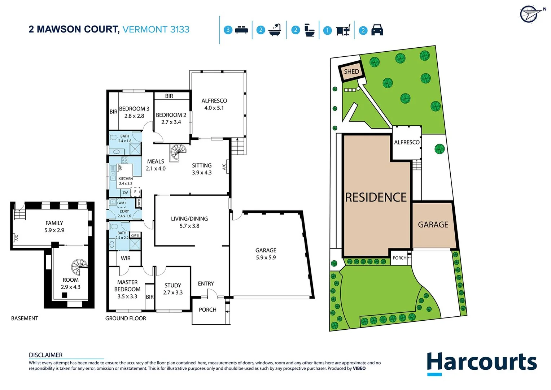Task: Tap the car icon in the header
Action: pos(377,30)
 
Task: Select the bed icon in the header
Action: pos(241,30)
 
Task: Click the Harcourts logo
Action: pos(481,363)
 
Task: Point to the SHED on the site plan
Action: pos(351,71)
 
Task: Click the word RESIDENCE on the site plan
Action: pos(376,197)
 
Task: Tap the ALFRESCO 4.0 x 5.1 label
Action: pos(214,104)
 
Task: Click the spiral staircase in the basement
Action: pos(79,267)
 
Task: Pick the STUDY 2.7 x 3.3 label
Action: pos(173,289)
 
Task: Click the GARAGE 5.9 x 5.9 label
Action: pos(266,254)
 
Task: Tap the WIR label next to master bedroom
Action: pos(126,258)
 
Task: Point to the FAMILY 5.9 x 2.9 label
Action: pos(54,226)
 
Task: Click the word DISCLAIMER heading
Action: pos(46,355)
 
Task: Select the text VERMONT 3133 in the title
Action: pos(156,29)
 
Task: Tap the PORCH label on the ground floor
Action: pos(207,309)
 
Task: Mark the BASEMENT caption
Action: pos(25,318)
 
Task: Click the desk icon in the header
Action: pos(343,30)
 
